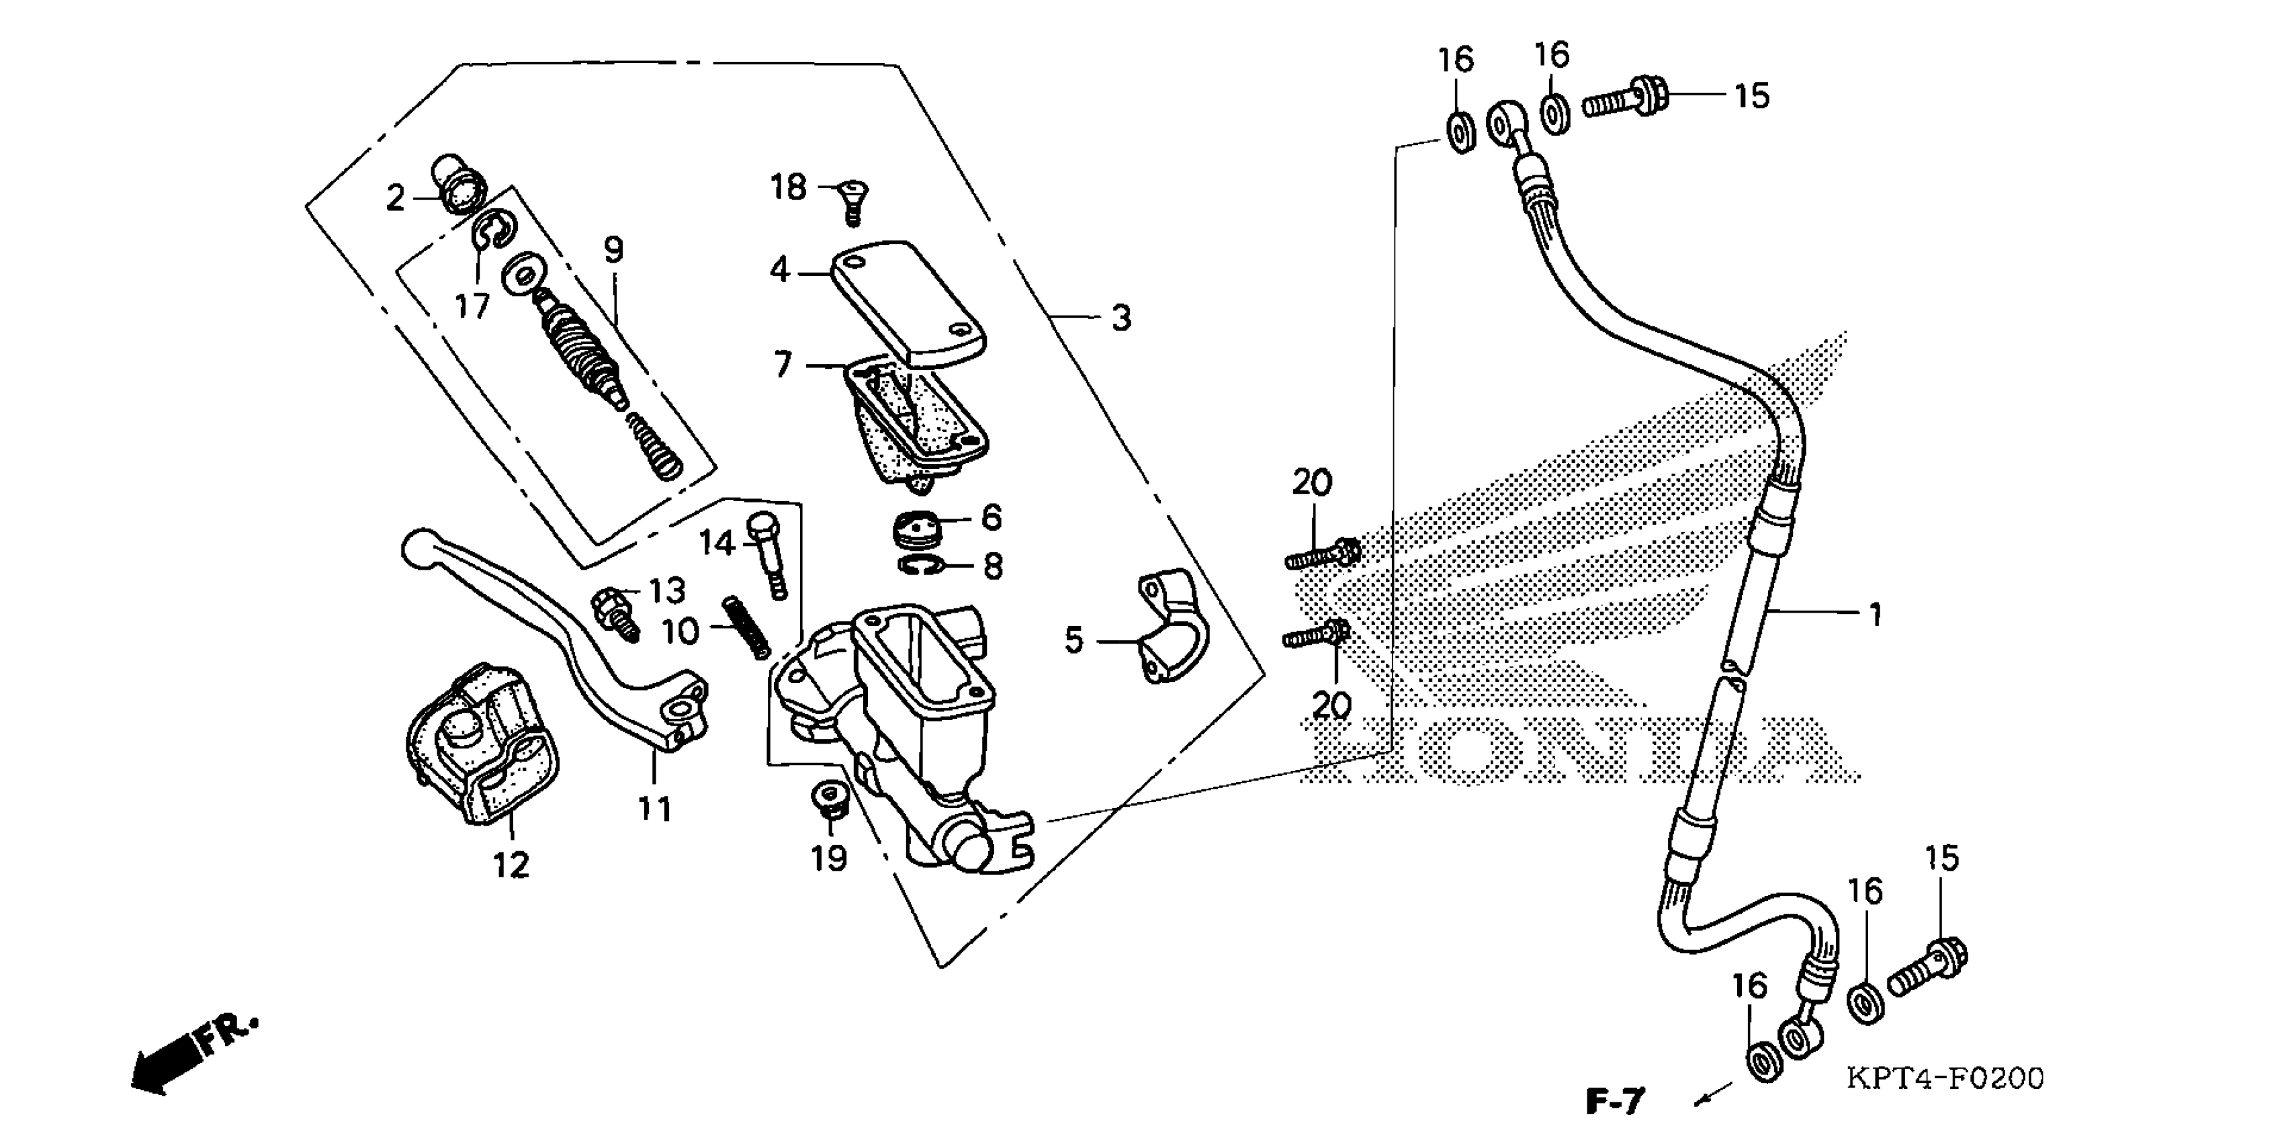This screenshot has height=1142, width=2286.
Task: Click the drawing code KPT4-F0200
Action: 1945,1078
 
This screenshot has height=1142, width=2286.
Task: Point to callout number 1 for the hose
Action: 1874,614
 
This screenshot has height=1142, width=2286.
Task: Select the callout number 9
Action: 614,250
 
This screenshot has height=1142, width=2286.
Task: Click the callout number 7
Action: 782,364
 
